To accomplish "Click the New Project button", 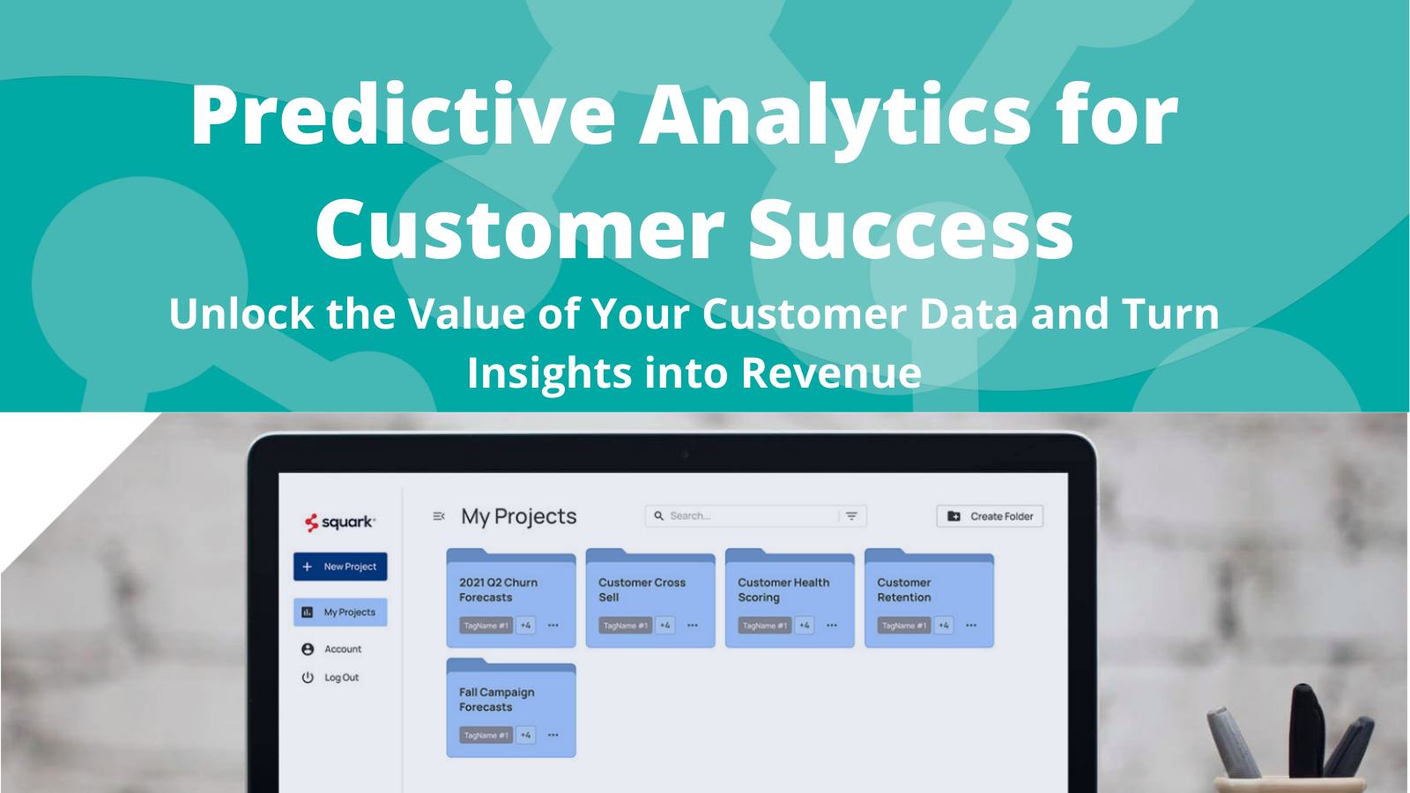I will click(x=340, y=567).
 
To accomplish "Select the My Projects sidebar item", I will click(x=340, y=612).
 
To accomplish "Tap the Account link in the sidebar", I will click(x=342, y=649).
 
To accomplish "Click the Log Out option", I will click(x=341, y=678).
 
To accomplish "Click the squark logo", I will click(x=339, y=522).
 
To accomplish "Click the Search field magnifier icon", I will click(x=658, y=516).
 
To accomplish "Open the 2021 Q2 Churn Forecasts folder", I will click(x=498, y=589).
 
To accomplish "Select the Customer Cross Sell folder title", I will click(x=642, y=589).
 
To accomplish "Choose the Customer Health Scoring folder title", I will click(x=783, y=589).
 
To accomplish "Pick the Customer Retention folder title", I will click(x=904, y=589).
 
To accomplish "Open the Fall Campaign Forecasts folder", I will click(x=497, y=700).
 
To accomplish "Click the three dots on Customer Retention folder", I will click(x=971, y=626).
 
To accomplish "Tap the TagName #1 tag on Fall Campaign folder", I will click(x=486, y=735).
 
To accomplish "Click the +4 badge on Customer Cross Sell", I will click(x=665, y=626).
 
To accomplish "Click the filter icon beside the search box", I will click(x=851, y=516).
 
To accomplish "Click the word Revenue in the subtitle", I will click(x=831, y=373).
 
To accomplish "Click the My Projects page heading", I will click(x=518, y=516).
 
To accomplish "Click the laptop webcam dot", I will click(x=684, y=455).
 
